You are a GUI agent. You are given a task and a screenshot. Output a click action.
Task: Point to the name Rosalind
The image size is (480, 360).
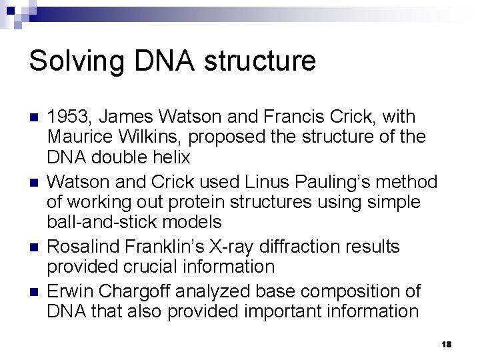(80, 247)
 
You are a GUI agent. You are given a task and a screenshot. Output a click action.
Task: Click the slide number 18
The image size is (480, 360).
(447, 343)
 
